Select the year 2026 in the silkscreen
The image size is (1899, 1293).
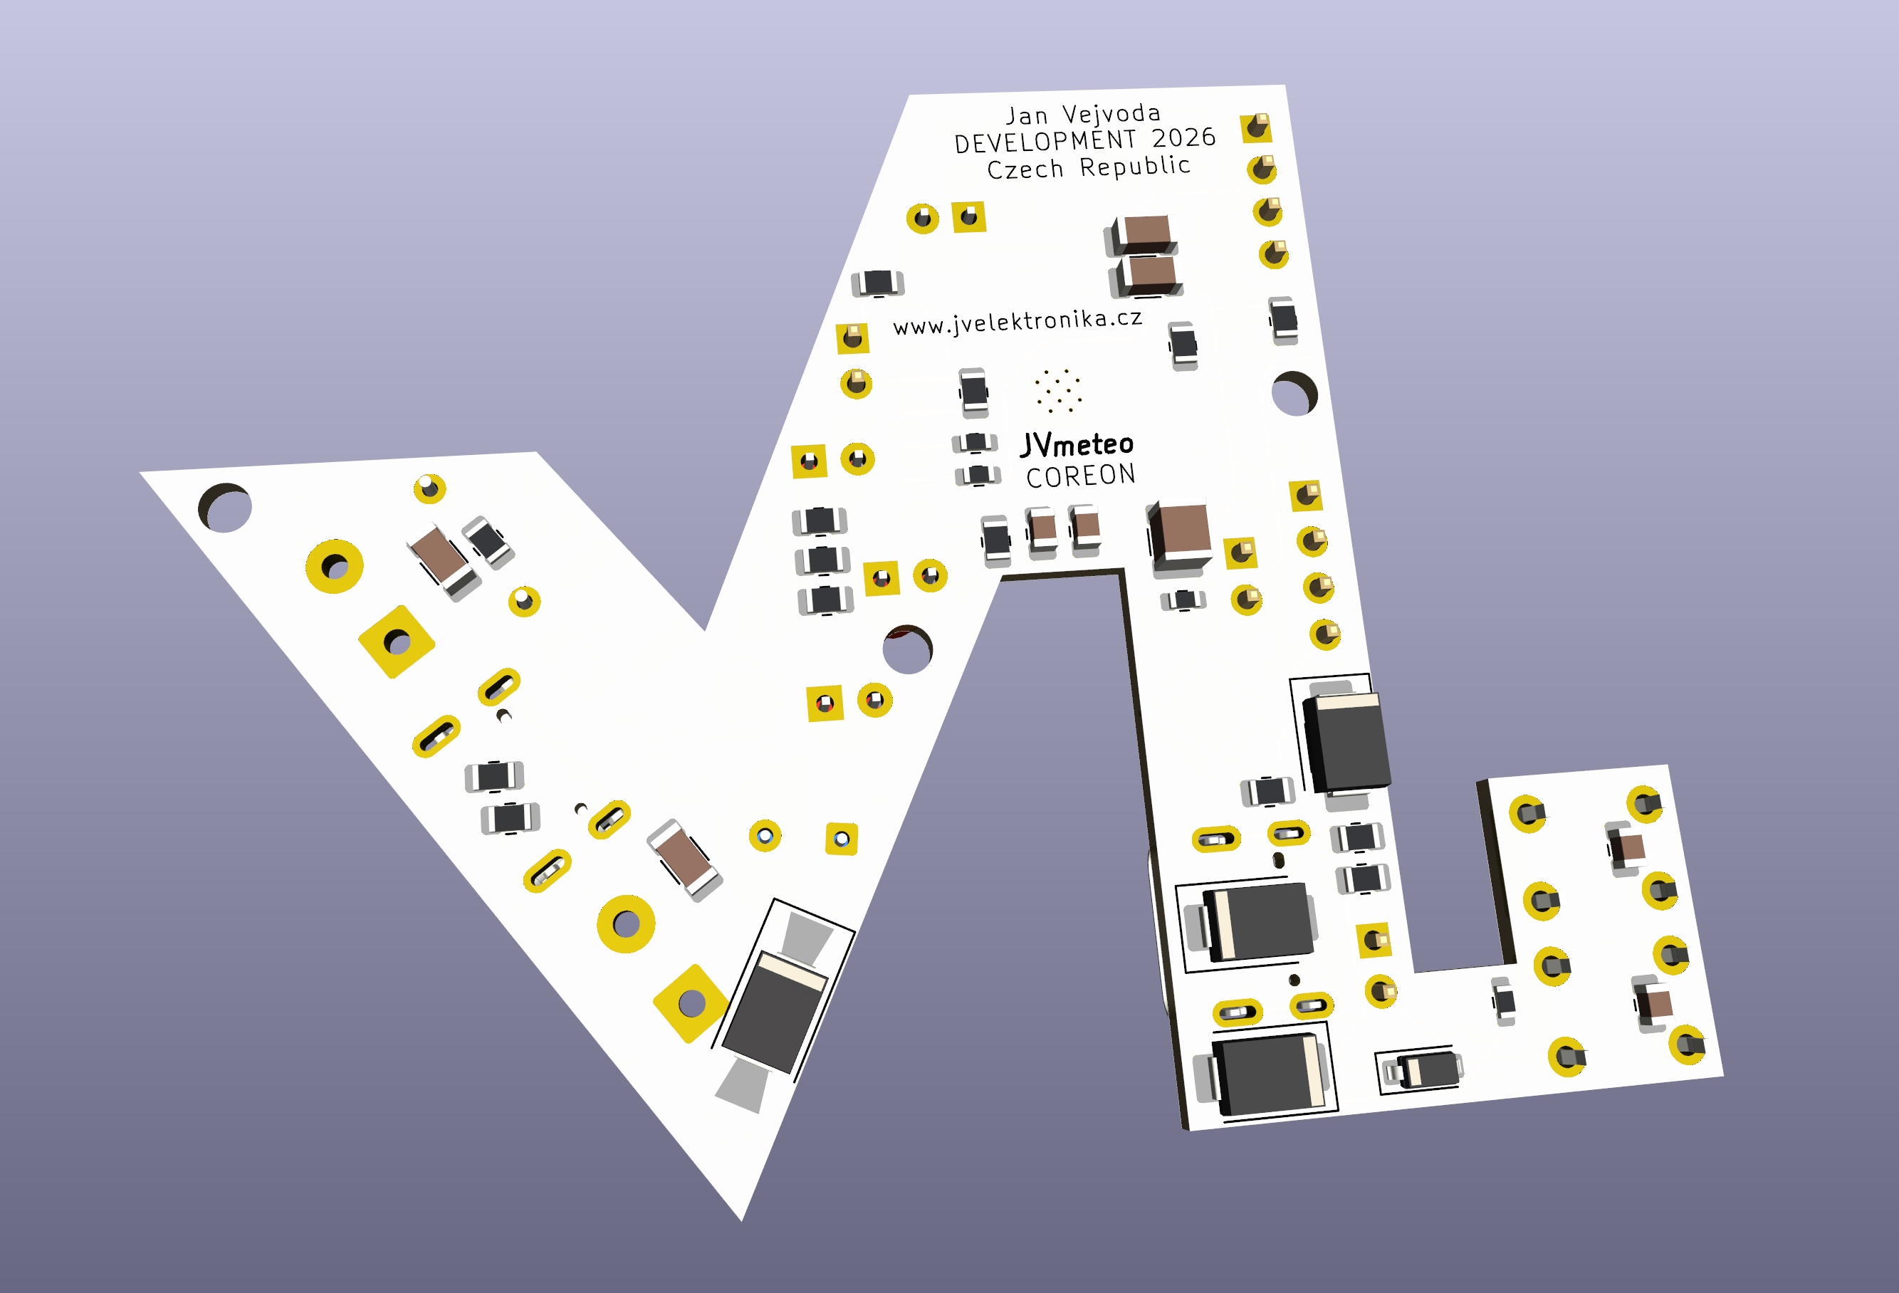coord(1183,137)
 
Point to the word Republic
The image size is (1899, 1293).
coord(1135,167)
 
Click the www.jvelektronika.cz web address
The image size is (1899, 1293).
coord(1017,321)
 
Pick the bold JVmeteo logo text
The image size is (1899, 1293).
coord(1077,444)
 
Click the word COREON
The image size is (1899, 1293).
coord(1080,476)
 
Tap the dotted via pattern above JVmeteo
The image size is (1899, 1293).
coord(1058,390)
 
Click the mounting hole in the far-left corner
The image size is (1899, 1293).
coord(226,508)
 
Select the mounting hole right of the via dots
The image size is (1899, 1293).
coord(1294,394)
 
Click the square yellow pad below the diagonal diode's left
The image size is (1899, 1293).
coord(691,1003)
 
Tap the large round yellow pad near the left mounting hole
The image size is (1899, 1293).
coord(334,565)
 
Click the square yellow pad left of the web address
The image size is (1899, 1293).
coord(852,338)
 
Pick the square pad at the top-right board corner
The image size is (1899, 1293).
coord(1256,127)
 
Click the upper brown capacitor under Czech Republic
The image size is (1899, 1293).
coord(1146,231)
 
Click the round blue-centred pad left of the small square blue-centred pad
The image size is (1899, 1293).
coord(765,836)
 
